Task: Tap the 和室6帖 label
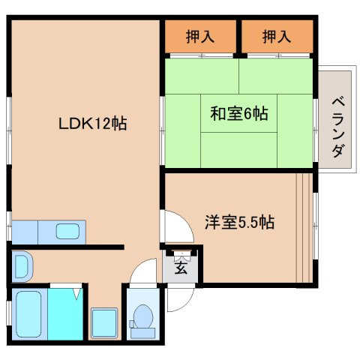[x=238, y=115]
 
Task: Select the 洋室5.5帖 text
[x=239, y=222]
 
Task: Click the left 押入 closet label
[x=199, y=36]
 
